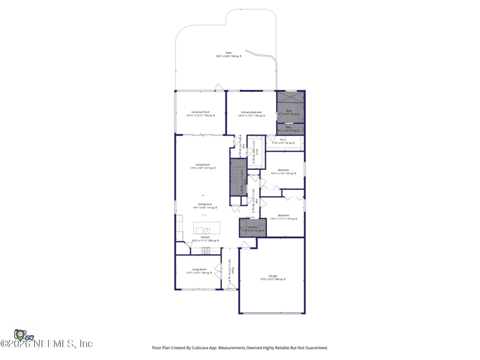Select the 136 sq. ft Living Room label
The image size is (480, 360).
coord(199,271)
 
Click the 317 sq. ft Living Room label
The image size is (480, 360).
coord(203,166)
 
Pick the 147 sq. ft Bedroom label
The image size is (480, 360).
coord(283,172)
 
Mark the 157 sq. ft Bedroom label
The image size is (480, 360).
coord(283,217)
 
